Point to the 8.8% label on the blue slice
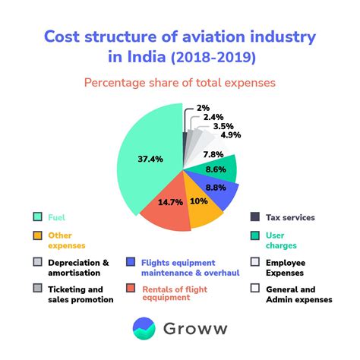tap(216, 188)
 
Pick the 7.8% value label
tap(213, 154)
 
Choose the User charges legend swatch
tap(255, 235)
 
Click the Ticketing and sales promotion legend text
tap(75, 294)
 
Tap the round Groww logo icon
tap(144, 329)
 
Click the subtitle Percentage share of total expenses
tap(179, 82)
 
